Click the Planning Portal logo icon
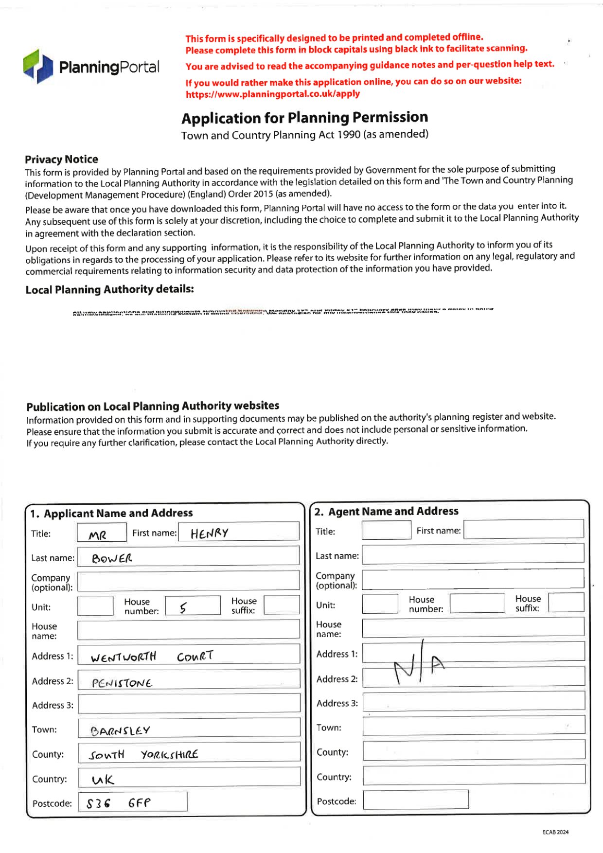(x=38, y=66)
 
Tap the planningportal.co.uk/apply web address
(x=273, y=94)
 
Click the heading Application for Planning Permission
(x=305, y=118)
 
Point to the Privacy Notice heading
(x=62, y=160)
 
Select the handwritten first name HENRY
(x=210, y=533)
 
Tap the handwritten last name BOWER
(x=112, y=558)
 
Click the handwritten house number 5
(x=183, y=607)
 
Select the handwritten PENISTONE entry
(x=122, y=683)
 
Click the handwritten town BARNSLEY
(x=120, y=731)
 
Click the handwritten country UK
(x=103, y=780)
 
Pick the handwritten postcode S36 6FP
(x=119, y=803)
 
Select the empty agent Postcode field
(x=416, y=800)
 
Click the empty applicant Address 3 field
(x=189, y=704)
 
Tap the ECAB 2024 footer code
(x=555, y=832)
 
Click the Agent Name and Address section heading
(x=387, y=512)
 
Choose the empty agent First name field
(x=523, y=529)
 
